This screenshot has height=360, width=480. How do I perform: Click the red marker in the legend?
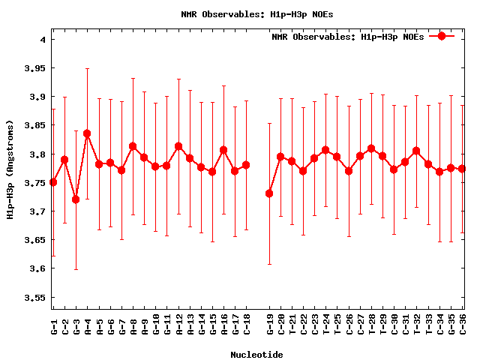[442, 36]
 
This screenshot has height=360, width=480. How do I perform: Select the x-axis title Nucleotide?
[256, 355]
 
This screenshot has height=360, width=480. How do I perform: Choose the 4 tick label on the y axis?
[43, 40]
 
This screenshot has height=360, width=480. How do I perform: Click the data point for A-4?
[87, 133]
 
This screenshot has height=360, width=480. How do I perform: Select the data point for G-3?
[76, 199]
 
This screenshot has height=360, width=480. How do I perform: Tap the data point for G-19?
[269, 193]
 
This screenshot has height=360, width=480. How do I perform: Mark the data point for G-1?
[53, 182]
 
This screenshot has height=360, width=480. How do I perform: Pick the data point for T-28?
[371, 148]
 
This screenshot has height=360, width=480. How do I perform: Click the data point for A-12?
[178, 146]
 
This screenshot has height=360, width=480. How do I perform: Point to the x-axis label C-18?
[247, 323]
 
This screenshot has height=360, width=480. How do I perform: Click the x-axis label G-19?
[270, 323]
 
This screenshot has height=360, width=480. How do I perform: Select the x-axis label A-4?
[88, 323]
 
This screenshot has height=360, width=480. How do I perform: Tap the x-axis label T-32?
[417, 323]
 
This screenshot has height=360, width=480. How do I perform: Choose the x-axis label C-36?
[463, 323]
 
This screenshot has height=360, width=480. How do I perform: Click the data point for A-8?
[133, 146]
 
